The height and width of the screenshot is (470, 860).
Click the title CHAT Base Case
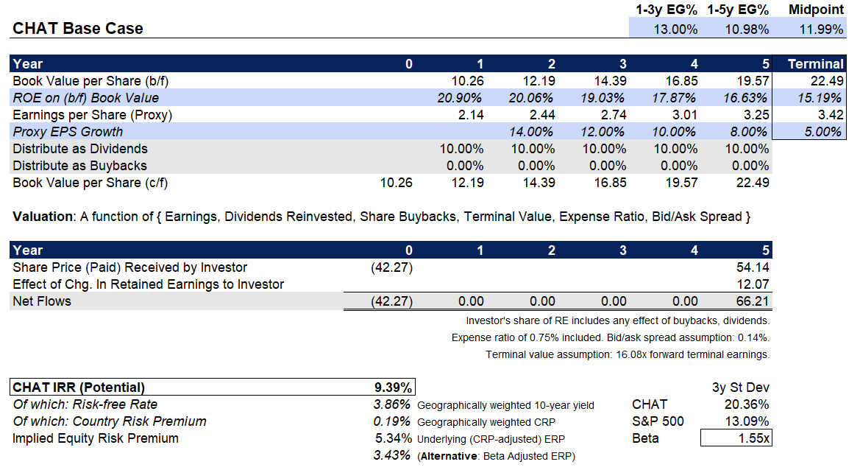pyautogui.click(x=78, y=29)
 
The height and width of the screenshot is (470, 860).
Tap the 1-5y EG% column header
pyautogui.click(x=738, y=10)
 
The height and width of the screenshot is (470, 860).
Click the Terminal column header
pyautogui.click(x=815, y=64)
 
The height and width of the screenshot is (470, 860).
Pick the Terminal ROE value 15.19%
pyautogui.click(x=822, y=98)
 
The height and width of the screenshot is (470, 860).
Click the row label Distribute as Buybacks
pyautogui.click(x=79, y=166)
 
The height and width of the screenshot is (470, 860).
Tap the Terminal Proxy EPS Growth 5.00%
pyautogui.click(x=822, y=132)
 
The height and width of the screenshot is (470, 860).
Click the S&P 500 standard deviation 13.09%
pyautogui.click(x=747, y=421)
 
